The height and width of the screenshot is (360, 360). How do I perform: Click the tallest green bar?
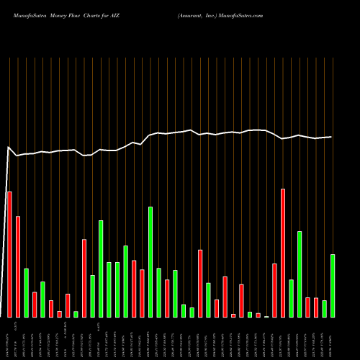[x=150, y=262]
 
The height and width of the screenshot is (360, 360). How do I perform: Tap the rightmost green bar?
[x=333, y=286]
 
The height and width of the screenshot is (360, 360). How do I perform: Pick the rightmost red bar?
[x=316, y=307]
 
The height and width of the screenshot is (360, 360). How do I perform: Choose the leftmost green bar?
[x=26, y=293]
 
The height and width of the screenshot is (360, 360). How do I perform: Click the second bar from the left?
[x=18, y=266]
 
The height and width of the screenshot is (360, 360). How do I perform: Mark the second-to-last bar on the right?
[x=325, y=309]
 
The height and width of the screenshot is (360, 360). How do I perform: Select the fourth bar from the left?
[x=35, y=305]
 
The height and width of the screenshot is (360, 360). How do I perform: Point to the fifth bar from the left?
[x=42, y=300]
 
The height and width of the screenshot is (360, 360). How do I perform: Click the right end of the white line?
[x=331, y=137]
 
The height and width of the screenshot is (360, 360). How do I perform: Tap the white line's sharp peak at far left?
[x=9, y=148]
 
